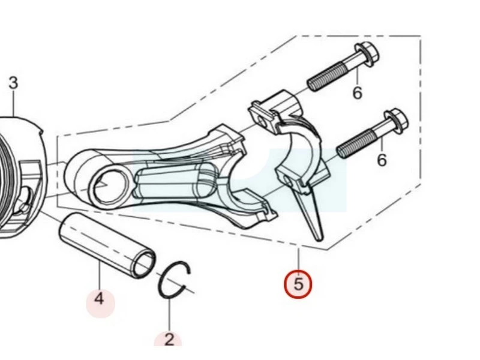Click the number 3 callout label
tap(13, 83)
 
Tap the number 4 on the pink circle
tap(99, 299)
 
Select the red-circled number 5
tap(298, 284)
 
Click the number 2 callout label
tap(169, 340)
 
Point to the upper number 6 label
tap(357, 92)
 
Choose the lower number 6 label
tap(382, 160)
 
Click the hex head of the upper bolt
tap(367, 55)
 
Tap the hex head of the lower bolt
tap(396, 121)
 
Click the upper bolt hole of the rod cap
tap(261, 119)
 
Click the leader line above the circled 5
tap(298, 259)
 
